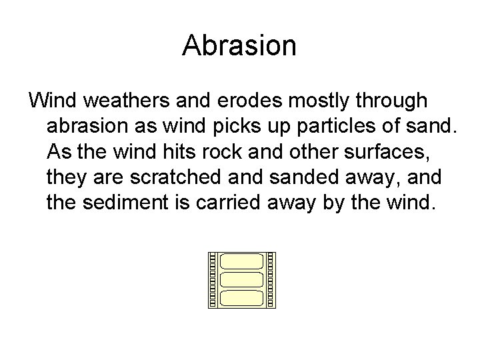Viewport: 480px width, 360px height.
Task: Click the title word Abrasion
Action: pos(239,45)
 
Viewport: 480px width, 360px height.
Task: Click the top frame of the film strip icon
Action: pos(241,262)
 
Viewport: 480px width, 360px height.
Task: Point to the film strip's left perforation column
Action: pos(213,280)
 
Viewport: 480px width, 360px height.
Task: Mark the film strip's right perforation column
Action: pos(271,280)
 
